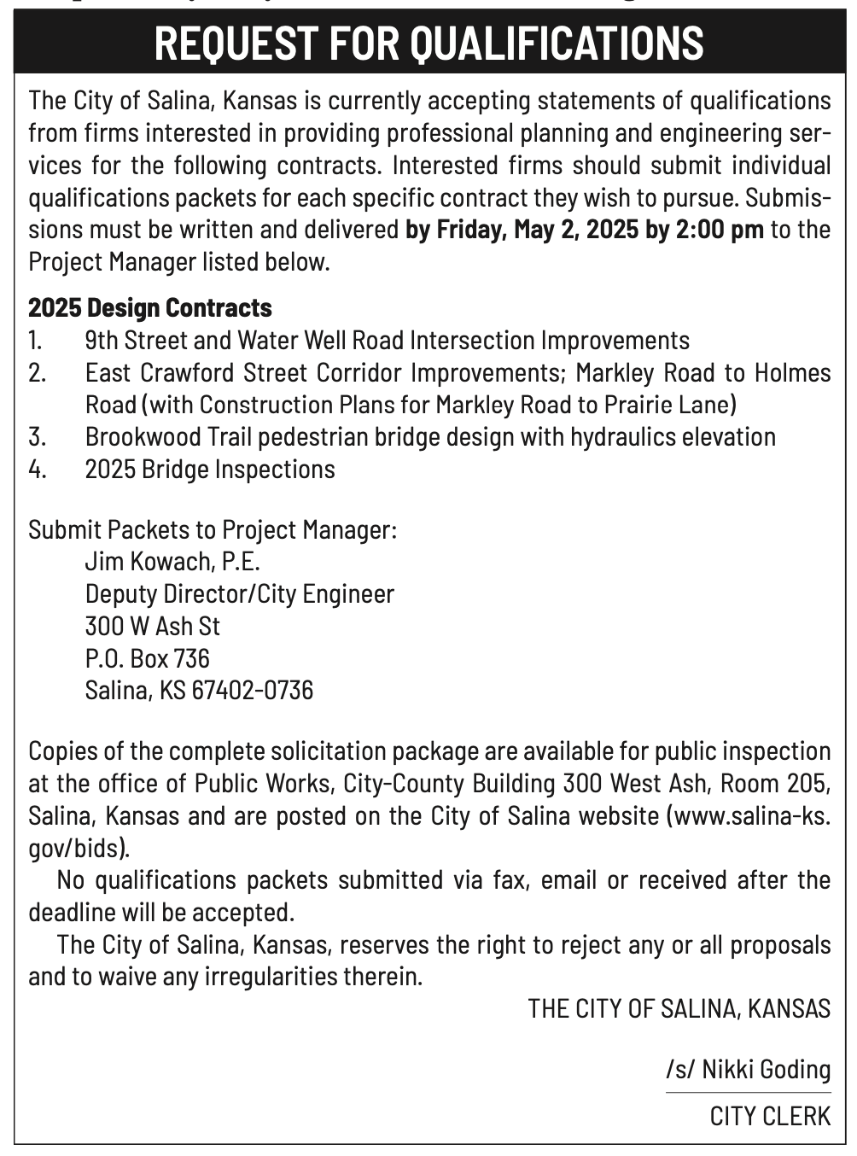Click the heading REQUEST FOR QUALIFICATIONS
click(x=428, y=44)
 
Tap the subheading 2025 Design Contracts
click(x=150, y=307)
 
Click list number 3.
click(x=36, y=437)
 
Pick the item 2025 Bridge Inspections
click(x=210, y=470)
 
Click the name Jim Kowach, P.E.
click(x=172, y=562)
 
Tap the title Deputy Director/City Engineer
click(x=240, y=594)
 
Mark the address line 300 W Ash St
click(x=153, y=627)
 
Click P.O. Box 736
click(x=148, y=658)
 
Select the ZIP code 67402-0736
click(x=253, y=690)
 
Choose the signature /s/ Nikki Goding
click(x=749, y=1070)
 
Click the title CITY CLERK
click(x=770, y=1116)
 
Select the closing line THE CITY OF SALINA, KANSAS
click(x=679, y=1009)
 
